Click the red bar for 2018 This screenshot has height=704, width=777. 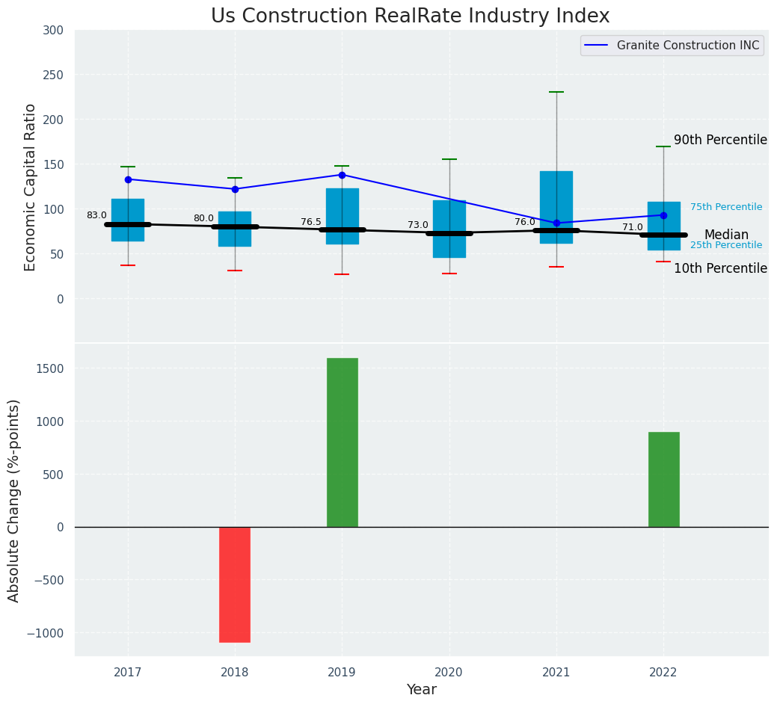[235, 584]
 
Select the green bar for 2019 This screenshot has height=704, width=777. [343, 442]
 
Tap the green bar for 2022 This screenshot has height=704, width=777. [664, 480]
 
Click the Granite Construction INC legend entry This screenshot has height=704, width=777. [672, 46]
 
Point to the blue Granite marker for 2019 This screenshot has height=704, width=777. [342, 175]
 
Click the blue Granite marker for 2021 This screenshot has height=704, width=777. [556, 223]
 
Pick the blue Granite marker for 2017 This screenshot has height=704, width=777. [129, 179]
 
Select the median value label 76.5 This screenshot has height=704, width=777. [311, 222]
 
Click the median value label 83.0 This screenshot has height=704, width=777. [96, 215]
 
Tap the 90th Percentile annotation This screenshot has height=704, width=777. [720, 140]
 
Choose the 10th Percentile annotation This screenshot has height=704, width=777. [720, 268]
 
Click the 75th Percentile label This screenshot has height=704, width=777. [726, 207]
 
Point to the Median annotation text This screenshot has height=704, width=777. [726, 235]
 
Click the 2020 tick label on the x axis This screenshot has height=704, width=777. [449, 673]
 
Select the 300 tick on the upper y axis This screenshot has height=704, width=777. [54, 31]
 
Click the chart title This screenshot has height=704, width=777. [411, 16]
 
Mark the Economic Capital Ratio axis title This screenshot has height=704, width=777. [30, 188]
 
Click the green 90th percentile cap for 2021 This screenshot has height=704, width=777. [556, 92]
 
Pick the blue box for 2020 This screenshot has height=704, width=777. [449, 229]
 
